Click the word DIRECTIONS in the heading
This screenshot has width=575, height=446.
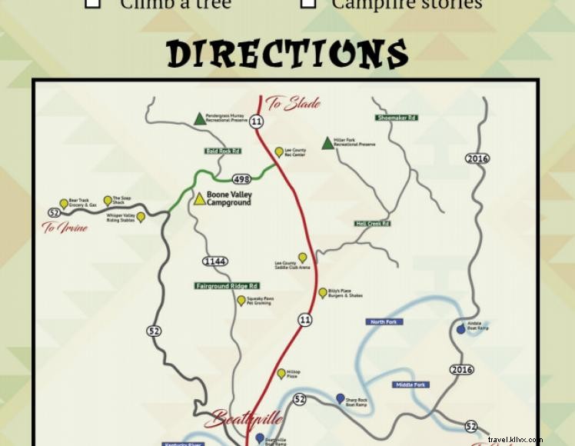click(287, 54)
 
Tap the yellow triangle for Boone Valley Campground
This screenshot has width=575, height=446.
click(200, 199)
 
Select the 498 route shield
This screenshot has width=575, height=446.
click(241, 179)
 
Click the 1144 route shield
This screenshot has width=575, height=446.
click(214, 261)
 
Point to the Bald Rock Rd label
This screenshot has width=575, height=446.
click(223, 151)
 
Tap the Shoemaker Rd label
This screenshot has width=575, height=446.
click(397, 118)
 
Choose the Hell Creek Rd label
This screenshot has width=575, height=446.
click(373, 224)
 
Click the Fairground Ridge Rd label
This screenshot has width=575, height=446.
click(226, 286)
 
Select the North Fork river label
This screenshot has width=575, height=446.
click(384, 321)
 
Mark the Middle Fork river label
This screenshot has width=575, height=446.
click(410, 384)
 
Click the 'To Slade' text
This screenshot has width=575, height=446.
click(293, 104)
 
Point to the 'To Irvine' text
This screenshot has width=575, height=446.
click(65, 228)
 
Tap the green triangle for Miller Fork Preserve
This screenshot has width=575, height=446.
click(327, 143)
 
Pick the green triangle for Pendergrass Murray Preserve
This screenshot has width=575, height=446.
click(200, 118)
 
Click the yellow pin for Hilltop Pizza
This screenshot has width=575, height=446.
click(281, 373)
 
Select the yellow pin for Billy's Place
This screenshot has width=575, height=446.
click(323, 292)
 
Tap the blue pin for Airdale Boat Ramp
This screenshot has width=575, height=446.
click(460, 329)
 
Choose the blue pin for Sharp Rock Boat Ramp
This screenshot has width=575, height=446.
click(340, 398)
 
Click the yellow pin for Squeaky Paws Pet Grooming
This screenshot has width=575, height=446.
click(241, 300)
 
